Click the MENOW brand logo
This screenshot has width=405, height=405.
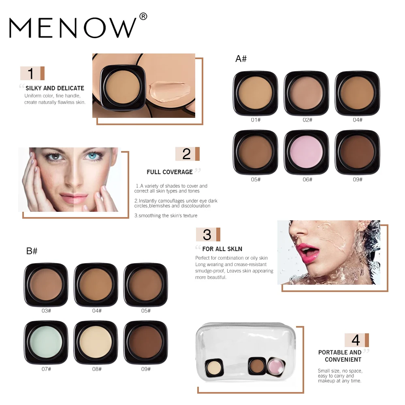[73, 28]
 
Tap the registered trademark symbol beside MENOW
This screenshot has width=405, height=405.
[143, 17]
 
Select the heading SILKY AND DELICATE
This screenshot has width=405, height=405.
[55, 88]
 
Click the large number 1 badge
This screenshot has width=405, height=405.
[31, 73]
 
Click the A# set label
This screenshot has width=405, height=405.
[241, 59]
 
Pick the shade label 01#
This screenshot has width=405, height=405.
[255, 120]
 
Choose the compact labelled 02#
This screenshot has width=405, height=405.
[307, 93]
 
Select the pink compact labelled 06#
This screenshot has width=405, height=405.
[307, 153]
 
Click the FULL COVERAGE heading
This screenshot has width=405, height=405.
[170, 172]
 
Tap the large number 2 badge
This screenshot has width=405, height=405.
[186, 154]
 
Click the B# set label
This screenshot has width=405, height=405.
[32, 251]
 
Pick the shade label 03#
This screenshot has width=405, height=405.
[46, 311]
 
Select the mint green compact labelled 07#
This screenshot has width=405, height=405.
[46, 343]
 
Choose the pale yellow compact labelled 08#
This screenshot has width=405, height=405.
[96, 343]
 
